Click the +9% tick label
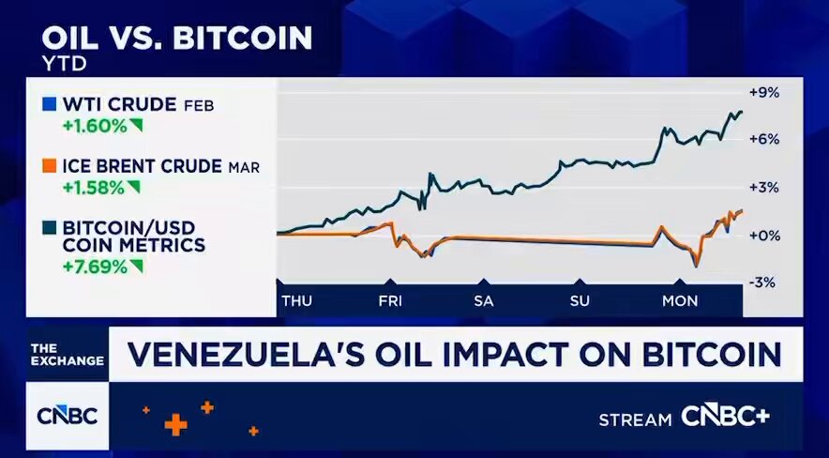click(x=764, y=92)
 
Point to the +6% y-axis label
click(x=764, y=139)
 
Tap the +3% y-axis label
click(x=764, y=187)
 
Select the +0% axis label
click(x=764, y=235)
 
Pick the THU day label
click(x=297, y=300)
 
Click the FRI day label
click(x=391, y=300)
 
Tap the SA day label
click(x=483, y=300)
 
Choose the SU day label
click(x=579, y=300)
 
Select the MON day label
click(x=681, y=300)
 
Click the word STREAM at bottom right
click(x=636, y=419)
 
